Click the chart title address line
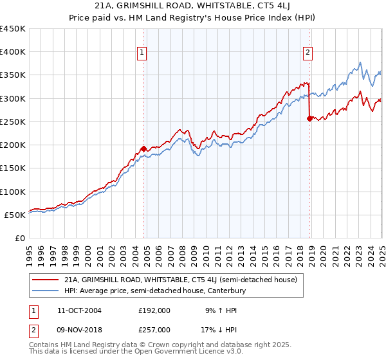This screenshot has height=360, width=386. click(193, 7)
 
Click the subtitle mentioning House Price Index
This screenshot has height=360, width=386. click(193, 19)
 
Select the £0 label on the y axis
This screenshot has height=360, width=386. click(20, 238)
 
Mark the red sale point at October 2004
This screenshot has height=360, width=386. click(143, 149)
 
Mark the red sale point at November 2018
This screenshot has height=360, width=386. click(309, 118)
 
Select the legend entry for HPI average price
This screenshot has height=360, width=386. click(155, 291)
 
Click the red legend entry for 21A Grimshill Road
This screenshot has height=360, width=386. click(180, 280)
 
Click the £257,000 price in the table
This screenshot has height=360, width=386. click(154, 330)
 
